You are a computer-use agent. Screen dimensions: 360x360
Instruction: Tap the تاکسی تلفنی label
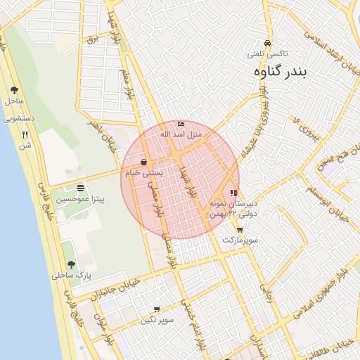tap(266, 53)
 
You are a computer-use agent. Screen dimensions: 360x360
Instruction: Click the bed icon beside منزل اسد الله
tap(181, 124)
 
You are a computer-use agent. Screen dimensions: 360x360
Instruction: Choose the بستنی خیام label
tap(144, 173)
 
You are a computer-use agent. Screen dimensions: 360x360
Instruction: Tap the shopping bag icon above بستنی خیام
tap(144, 162)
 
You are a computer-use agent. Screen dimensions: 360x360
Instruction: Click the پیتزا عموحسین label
tap(81, 200)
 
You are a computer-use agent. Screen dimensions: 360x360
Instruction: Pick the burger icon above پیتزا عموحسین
tap(81, 188)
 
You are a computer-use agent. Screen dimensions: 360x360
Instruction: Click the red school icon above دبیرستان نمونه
tap(233, 192)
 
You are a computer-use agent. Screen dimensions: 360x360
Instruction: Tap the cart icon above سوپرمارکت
tap(240, 230)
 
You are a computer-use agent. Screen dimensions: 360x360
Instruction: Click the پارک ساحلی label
tap(71, 276)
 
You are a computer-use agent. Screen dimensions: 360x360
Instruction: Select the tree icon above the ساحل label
tap(15, 90)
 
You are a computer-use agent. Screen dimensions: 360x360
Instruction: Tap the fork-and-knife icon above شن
tap(25, 134)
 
